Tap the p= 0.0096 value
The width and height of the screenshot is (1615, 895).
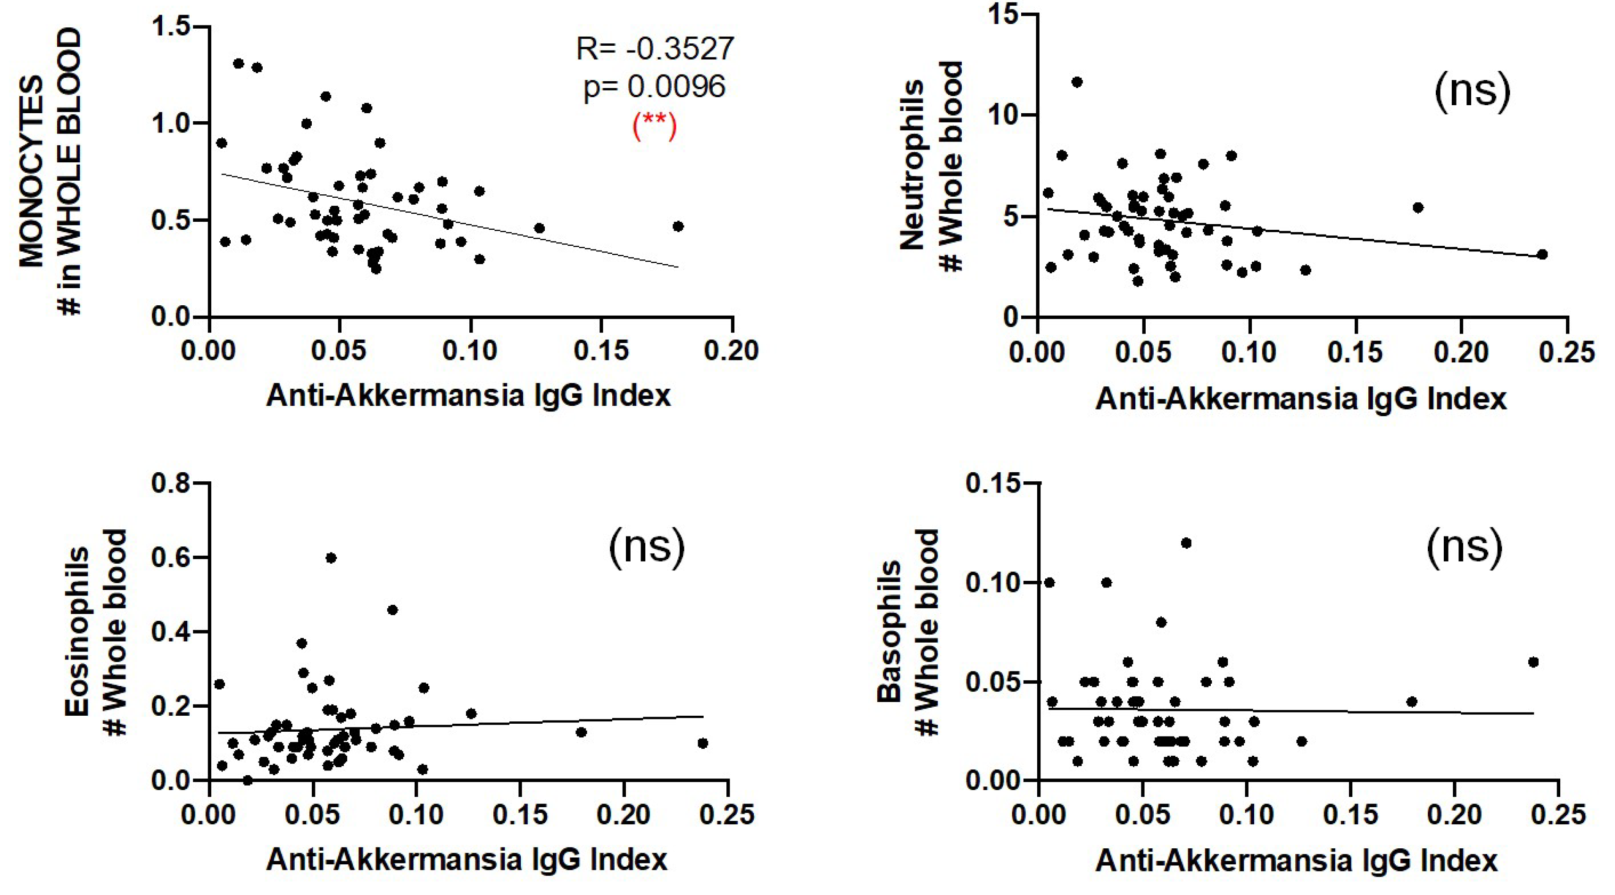pyautogui.click(x=655, y=86)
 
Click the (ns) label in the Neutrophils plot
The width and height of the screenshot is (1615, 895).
pyautogui.click(x=1472, y=92)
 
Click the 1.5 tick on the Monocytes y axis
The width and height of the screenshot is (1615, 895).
pyautogui.click(x=171, y=27)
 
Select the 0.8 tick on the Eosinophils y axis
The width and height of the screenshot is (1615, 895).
pyautogui.click(x=171, y=484)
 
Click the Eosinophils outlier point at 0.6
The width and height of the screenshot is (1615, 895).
pyautogui.click(x=331, y=558)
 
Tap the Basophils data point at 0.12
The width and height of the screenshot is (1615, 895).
pyautogui.click(x=1186, y=543)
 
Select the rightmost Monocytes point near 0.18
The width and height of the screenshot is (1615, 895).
pyautogui.click(x=678, y=226)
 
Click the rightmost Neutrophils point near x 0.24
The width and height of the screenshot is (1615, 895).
pyautogui.click(x=1542, y=254)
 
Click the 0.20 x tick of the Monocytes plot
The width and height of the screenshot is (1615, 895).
pyautogui.click(x=731, y=351)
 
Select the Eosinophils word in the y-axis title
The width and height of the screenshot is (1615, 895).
pyautogui.click(x=78, y=630)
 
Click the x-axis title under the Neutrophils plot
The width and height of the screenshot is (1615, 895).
pyautogui.click(x=1301, y=399)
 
